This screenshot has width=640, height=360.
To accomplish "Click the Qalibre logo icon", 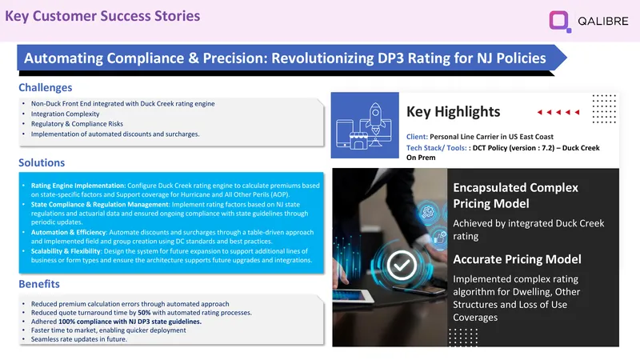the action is click(x=559, y=22).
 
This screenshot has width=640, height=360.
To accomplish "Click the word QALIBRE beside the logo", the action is click(x=603, y=22).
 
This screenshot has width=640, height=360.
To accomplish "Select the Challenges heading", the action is click(x=46, y=87).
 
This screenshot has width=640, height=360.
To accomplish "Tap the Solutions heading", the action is click(x=42, y=162).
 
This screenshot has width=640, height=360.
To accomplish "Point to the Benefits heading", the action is click(x=39, y=284).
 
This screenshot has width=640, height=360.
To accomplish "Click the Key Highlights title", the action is click(x=453, y=111).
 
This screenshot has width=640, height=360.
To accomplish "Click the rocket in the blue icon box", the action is click(x=375, y=118).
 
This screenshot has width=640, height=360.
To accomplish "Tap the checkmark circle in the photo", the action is click(x=402, y=266).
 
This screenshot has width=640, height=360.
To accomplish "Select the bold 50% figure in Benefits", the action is click(x=144, y=313).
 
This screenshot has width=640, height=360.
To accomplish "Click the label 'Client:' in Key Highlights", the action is click(x=417, y=137).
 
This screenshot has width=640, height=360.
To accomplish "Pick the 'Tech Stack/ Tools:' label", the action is click(x=436, y=148).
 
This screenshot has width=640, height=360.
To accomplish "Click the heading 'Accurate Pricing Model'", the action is click(x=517, y=259).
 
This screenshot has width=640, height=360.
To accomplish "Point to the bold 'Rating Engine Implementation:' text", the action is click(x=78, y=186).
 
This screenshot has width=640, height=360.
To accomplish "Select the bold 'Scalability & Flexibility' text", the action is click(x=66, y=251).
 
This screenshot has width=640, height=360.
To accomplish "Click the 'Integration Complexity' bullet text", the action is click(x=66, y=114).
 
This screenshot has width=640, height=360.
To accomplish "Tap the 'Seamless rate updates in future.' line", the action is click(x=78, y=339).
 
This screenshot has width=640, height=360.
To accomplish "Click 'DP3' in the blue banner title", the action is click(x=390, y=58).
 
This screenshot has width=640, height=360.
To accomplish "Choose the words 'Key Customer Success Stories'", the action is click(x=102, y=16).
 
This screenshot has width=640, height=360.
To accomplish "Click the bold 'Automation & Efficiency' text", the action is click(x=68, y=232).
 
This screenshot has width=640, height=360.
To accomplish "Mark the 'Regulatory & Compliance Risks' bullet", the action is click(x=77, y=124).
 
